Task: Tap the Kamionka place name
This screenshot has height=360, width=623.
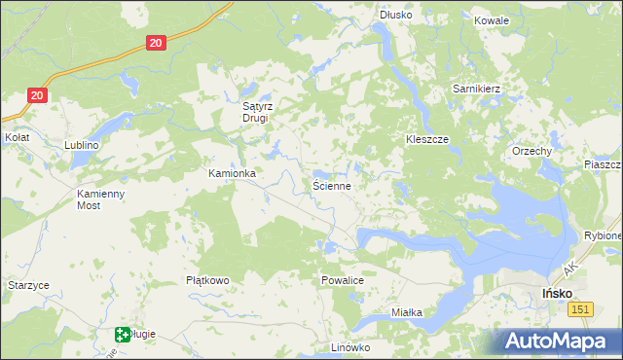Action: click(x=232, y=173)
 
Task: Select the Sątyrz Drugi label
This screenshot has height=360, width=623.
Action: click(x=260, y=113)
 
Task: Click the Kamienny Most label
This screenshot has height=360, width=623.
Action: click(x=102, y=199)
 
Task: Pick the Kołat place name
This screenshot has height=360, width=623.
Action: click(x=17, y=138)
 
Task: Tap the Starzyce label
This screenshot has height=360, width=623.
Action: click(x=28, y=285)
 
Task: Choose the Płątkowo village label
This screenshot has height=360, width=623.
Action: click(x=207, y=280)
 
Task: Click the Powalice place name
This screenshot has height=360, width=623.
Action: click(x=342, y=280)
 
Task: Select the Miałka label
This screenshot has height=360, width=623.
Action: click(x=406, y=312)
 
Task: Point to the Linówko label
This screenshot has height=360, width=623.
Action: click(x=351, y=347)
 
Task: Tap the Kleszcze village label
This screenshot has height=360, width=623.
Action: click(x=426, y=140)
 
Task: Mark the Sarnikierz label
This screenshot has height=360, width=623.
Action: click(x=476, y=89)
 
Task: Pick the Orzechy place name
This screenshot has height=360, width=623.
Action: click(x=532, y=152)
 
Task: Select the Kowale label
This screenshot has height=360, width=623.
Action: click(x=492, y=19)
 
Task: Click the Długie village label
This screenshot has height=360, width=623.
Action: click(x=141, y=335)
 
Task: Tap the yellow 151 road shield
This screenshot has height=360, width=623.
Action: click(x=580, y=308)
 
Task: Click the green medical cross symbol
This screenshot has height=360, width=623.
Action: click(x=123, y=335)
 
